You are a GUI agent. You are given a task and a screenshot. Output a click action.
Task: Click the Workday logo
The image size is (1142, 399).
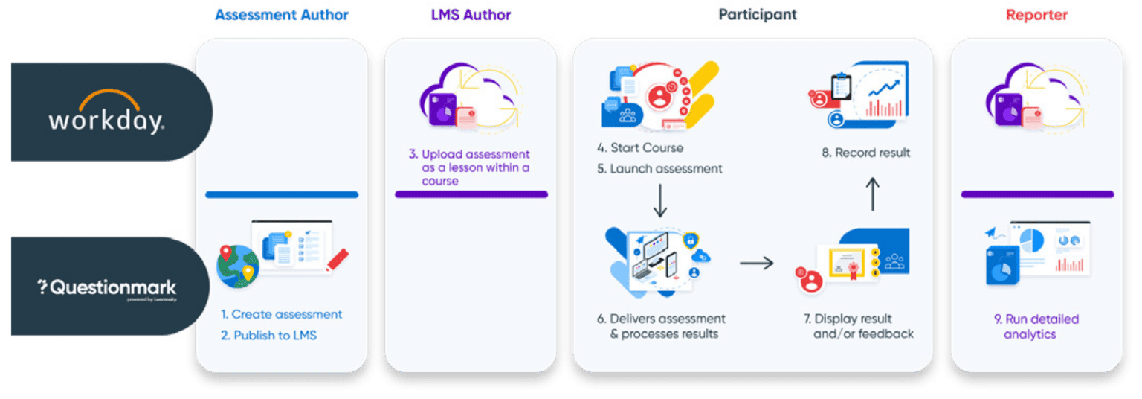coord(106,113)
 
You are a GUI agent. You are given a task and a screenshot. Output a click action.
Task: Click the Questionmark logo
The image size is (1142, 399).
coord(107,288)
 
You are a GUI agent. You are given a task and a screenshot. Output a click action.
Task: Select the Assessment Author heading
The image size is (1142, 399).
coord(282,15)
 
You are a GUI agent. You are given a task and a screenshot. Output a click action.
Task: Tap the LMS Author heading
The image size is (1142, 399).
coord(471,15)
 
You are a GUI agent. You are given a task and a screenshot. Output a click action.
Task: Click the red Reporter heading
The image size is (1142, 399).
coord(1036,15)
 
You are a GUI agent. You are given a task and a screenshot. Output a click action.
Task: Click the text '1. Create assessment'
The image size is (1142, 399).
coord(281,314)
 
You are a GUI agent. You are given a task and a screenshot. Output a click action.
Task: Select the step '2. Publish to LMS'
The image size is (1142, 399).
coord(268,336)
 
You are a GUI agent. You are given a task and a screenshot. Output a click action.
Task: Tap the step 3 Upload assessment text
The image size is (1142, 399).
coord(469,167)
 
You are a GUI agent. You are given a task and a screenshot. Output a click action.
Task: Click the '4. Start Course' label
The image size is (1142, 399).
coord(640,147)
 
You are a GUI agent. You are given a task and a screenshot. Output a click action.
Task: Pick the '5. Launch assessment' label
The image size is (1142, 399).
coord(659,169)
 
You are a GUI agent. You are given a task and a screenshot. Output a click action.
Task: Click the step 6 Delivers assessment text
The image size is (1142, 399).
coord(660,326)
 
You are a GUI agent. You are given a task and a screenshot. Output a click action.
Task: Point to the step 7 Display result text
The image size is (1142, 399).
coord(858,326)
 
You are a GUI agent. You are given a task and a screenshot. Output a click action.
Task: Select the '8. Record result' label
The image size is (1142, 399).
coord(865,153)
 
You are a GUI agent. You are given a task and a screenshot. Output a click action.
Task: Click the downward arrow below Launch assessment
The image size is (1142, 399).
coord(659,201)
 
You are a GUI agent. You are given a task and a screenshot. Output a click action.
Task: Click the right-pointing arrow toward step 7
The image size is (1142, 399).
coord(756,263)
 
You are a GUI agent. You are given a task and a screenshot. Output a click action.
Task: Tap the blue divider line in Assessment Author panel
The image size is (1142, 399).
coord(282,195)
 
